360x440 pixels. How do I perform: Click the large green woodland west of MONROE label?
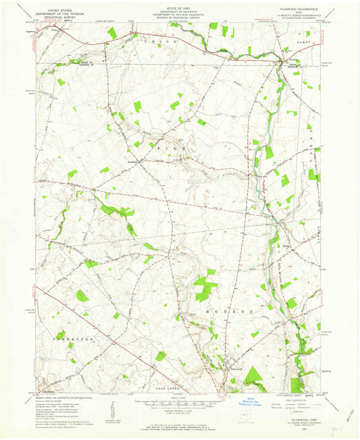tap(203, 288)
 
